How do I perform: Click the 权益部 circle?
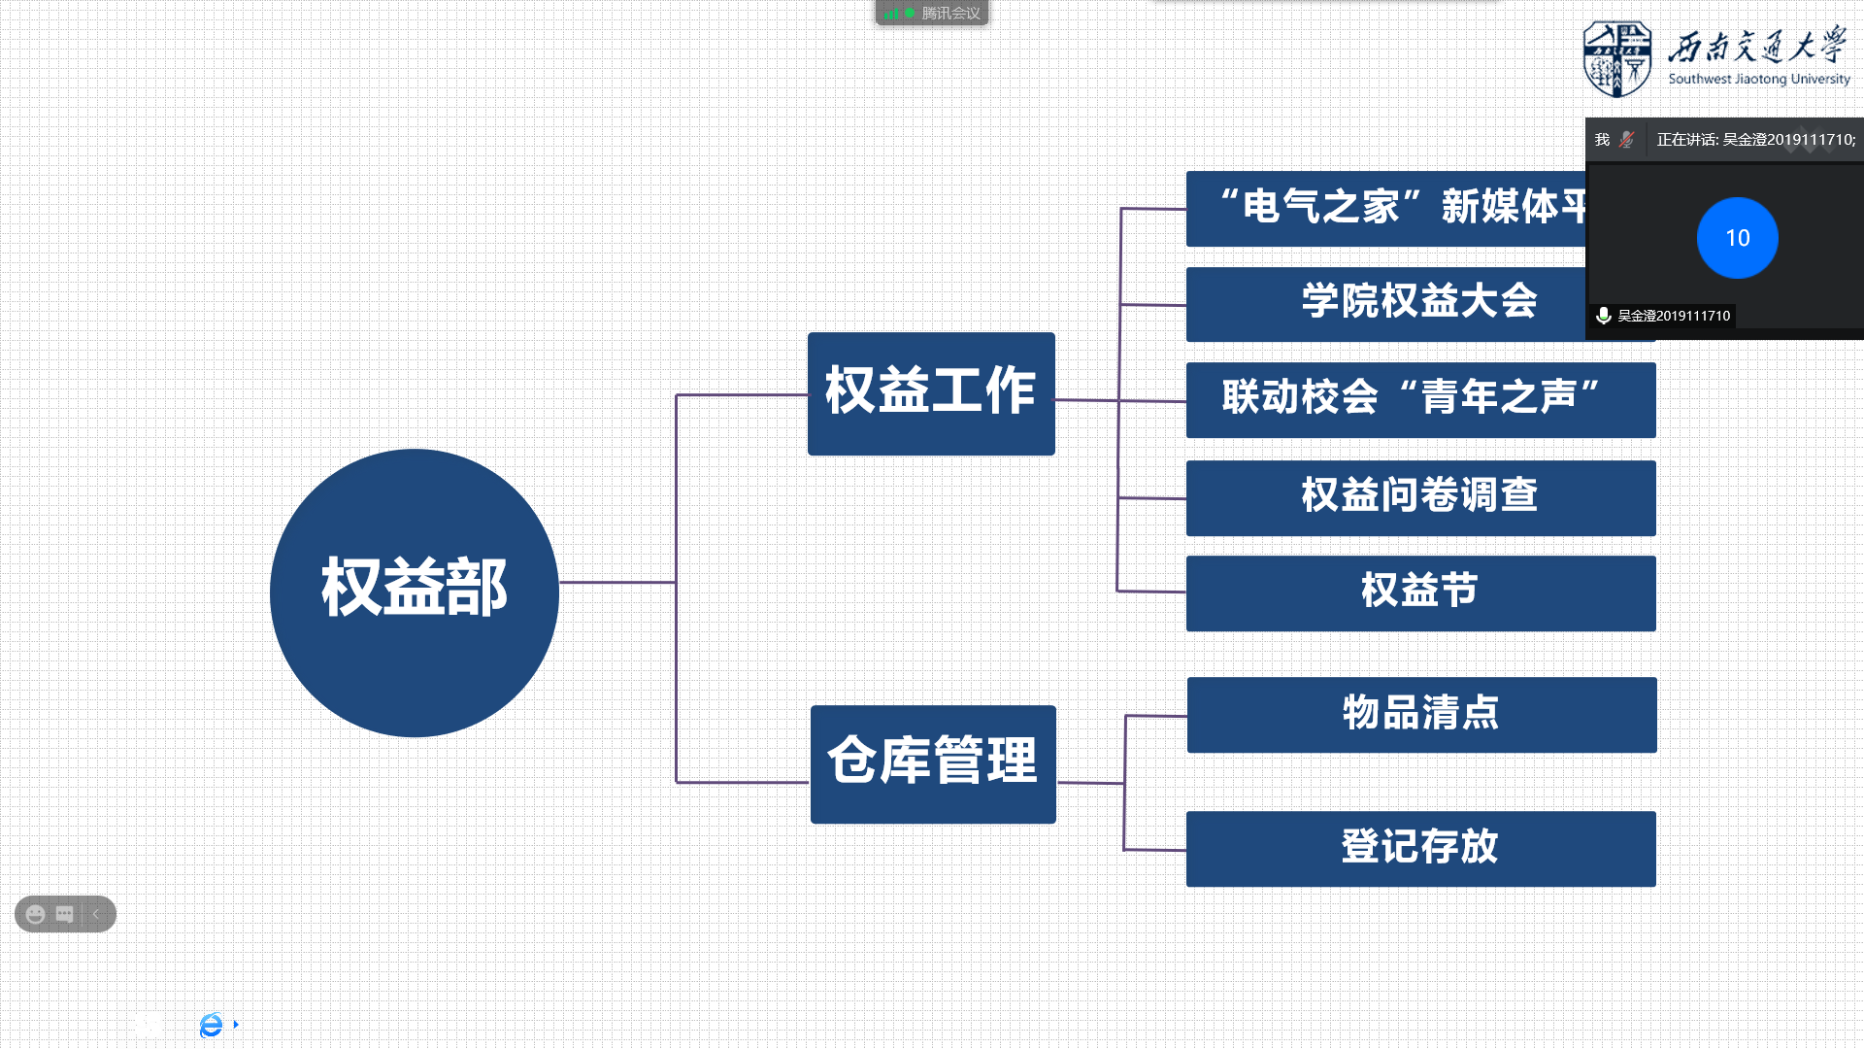[415, 592]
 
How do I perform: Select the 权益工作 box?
[931, 393]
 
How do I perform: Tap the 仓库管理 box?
[933, 763]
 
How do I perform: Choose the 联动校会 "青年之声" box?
[1420, 399]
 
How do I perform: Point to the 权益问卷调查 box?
[1420, 497]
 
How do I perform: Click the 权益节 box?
[1420, 592]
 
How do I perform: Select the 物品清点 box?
[1421, 714]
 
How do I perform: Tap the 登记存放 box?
[1420, 848]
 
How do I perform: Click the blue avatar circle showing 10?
[1737, 238]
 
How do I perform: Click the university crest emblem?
[1616, 59]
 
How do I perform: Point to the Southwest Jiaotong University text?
[1758, 80]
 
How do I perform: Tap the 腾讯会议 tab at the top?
[932, 13]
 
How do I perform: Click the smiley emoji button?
[36, 914]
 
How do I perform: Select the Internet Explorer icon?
[211, 1025]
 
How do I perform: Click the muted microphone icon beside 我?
[1627, 140]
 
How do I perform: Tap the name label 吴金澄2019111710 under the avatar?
[1673, 316]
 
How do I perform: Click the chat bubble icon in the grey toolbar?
[65, 914]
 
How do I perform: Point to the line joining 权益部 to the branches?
[617, 583]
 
